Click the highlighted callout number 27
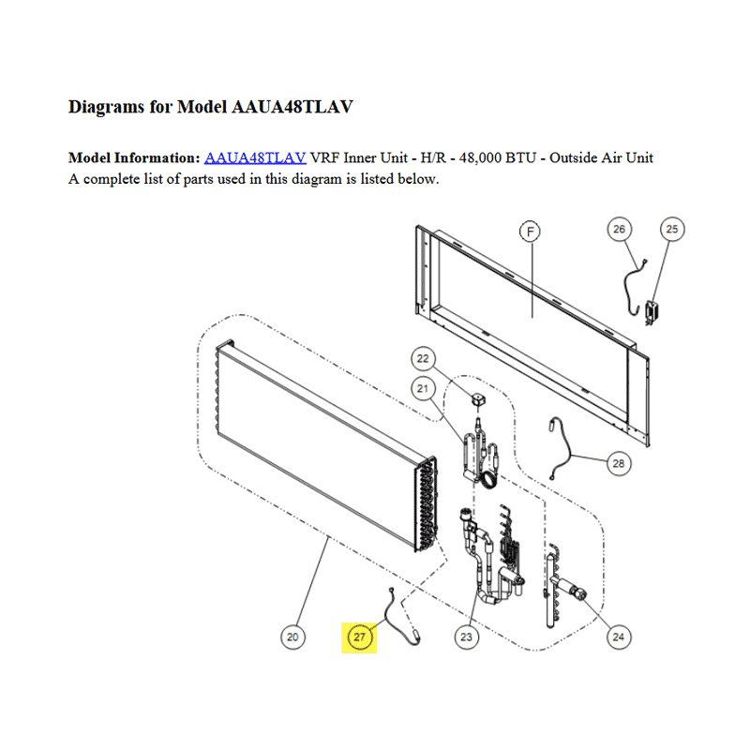click(x=359, y=637)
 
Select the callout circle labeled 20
click(x=292, y=637)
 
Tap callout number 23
click(x=466, y=637)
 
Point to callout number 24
click(x=619, y=637)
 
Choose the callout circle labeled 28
click(x=619, y=463)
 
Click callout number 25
click(x=672, y=229)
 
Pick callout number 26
click(x=619, y=229)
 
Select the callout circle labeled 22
click(x=423, y=359)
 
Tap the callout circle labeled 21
click(x=423, y=388)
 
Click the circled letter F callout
click(x=530, y=232)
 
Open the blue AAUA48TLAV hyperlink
click(x=255, y=157)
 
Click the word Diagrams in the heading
click(x=106, y=107)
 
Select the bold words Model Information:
click(x=134, y=157)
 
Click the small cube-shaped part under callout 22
click(x=477, y=400)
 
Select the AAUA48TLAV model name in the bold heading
click(x=292, y=107)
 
